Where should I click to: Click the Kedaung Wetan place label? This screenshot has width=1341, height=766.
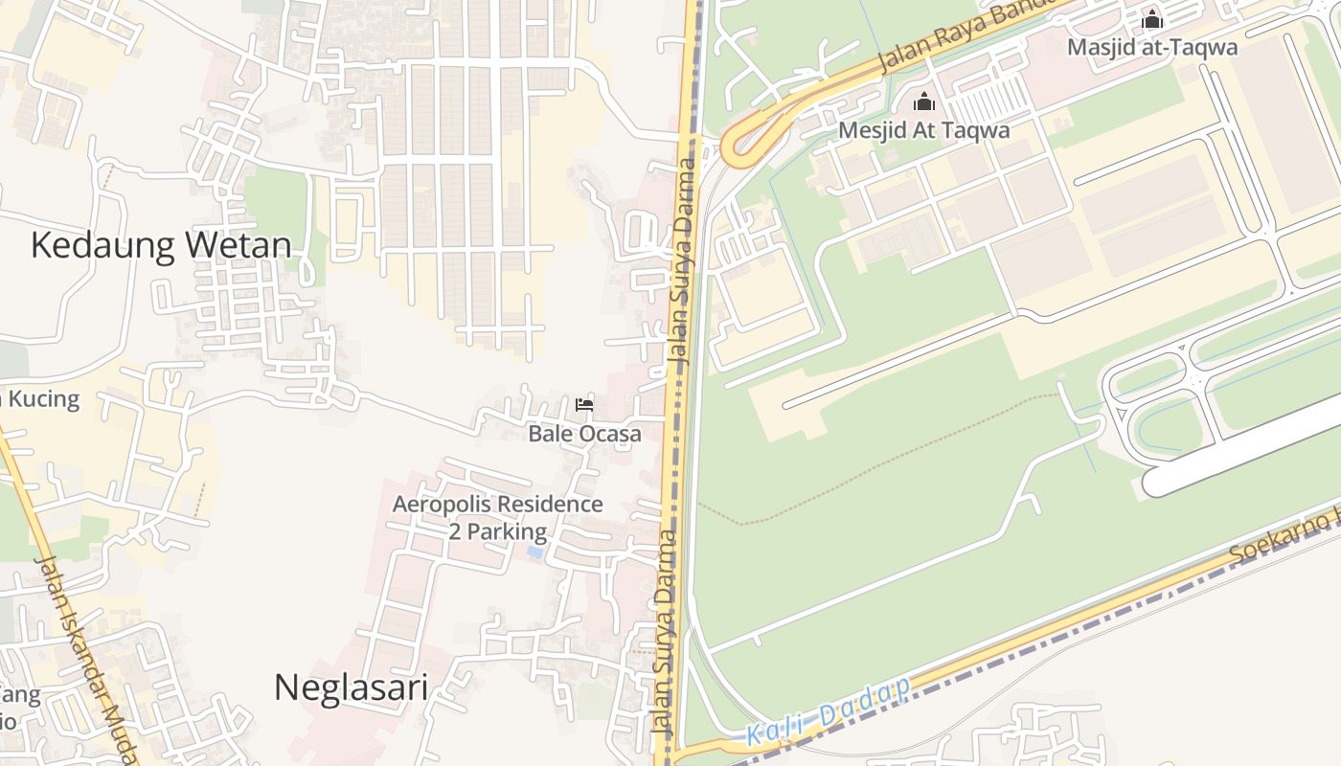[161, 246]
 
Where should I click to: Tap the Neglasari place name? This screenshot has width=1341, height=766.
[351, 687]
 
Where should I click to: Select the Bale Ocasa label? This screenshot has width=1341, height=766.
[584, 434]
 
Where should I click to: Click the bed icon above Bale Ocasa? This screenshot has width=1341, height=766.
[584, 405]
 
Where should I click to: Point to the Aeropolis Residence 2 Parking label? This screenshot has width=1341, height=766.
[498, 518]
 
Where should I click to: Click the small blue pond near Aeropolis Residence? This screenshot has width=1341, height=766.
[534, 552]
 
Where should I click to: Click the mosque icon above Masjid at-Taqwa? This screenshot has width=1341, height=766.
[1152, 19]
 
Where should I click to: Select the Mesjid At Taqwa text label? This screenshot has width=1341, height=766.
[924, 130]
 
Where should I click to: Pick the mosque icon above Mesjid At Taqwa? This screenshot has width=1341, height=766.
[924, 101]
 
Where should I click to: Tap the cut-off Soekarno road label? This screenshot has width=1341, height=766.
[1284, 538]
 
